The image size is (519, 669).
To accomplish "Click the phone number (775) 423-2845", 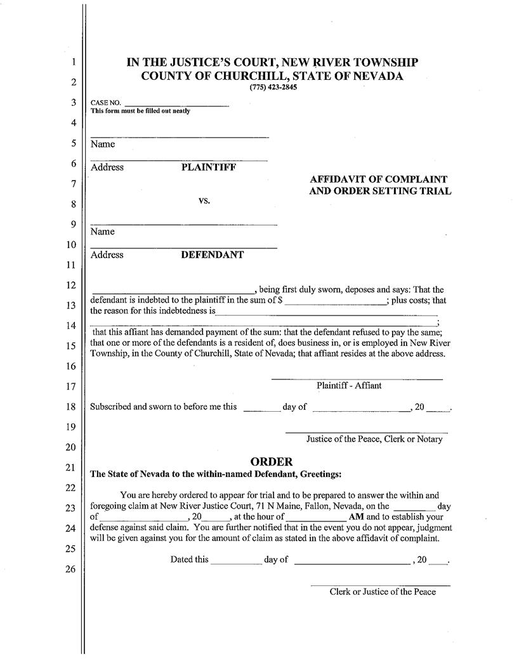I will click(x=273, y=87).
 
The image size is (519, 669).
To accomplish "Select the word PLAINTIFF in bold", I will click(x=209, y=167).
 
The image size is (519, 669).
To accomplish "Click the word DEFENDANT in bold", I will click(x=213, y=255).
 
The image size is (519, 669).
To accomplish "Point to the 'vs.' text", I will click(x=204, y=201).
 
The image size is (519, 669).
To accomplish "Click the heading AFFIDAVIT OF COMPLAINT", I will click(x=379, y=179).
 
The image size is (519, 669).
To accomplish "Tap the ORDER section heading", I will click(x=271, y=462).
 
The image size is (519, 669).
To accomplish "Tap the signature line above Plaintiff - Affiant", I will click(x=357, y=379).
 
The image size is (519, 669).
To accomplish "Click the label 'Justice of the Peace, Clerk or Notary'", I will click(x=374, y=439).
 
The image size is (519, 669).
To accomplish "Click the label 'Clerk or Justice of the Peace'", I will click(x=383, y=592).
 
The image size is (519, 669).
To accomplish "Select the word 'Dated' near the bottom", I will click(x=182, y=559).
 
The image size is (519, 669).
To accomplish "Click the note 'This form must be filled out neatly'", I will click(x=140, y=111).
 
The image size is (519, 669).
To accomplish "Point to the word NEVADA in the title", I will click(x=376, y=76).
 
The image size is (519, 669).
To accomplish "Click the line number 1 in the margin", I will click(x=73, y=62).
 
